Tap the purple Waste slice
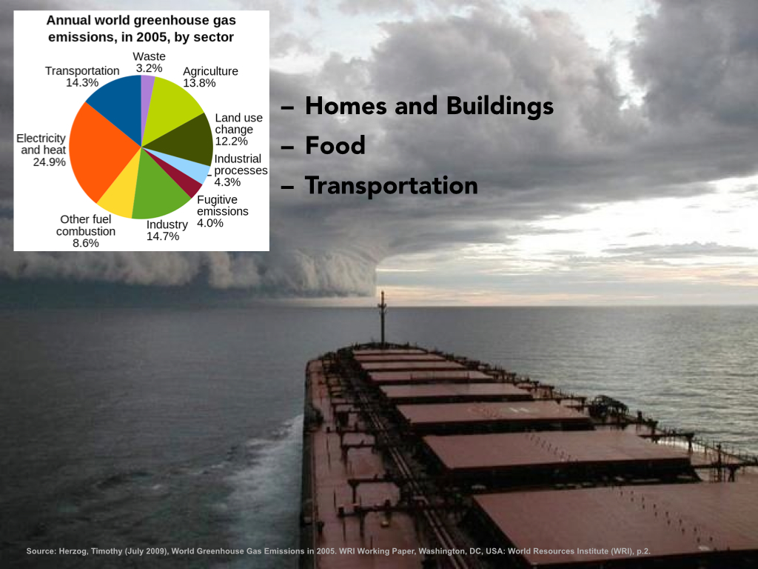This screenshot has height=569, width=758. (x=147, y=97)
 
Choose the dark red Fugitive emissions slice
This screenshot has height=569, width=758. (x=181, y=175)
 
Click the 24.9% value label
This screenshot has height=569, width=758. (x=50, y=162)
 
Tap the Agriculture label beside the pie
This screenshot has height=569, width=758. (x=210, y=71)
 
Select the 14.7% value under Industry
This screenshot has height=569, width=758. (x=163, y=236)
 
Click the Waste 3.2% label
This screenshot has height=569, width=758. (x=149, y=62)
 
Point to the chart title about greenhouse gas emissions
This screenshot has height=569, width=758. (x=141, y=29)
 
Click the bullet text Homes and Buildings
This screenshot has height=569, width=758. (x=429, y=106)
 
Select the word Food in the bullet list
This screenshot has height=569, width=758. (x=335, y=145)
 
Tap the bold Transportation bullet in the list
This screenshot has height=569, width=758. (x=391, y=185)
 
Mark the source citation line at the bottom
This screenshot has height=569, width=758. (x=338, y=551)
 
